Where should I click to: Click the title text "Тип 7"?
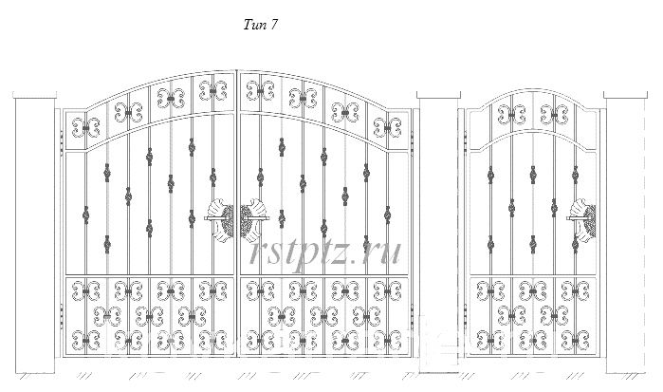[261, 25]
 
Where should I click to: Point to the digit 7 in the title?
[273, 25]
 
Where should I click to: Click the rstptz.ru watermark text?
[325, 252]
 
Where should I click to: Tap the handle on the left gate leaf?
[220, 219]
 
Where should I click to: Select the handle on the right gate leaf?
[254, 219]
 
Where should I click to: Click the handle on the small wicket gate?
[582, 219]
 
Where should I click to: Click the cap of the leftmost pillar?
[35, 94]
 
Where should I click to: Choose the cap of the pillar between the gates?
[438, 94]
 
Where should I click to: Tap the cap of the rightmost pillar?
[626, 94]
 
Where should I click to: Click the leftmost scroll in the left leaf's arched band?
[85, 128]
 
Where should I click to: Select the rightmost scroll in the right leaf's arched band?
[387, 128]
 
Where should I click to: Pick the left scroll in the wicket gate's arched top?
[511, 114]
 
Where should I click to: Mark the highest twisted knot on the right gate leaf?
[282, 147]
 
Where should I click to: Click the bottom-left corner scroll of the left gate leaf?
[85, 341]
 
